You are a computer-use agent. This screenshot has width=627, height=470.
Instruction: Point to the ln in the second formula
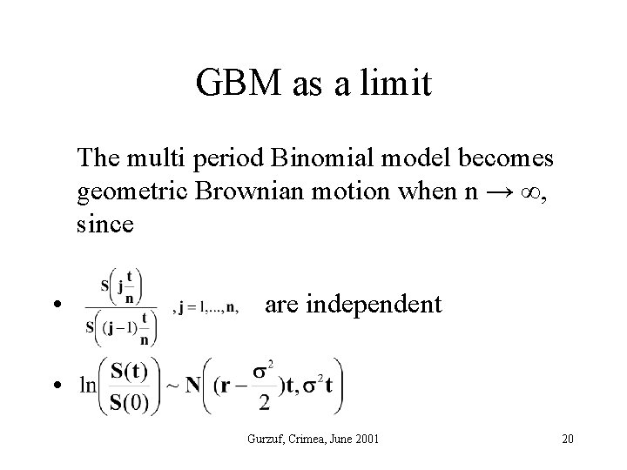pyautogui.click(x=86, y=384)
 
